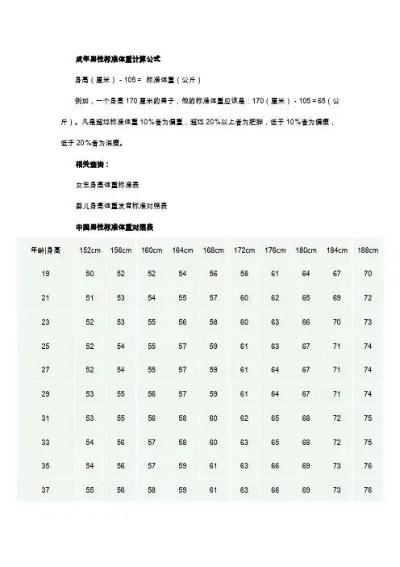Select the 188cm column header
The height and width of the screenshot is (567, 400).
(367, 250)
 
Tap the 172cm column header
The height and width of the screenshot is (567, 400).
(244, 250)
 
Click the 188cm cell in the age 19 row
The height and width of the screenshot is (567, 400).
(367, 274)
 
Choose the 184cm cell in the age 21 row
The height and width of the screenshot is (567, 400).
(336, 298)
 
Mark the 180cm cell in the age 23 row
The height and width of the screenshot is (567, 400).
(306, 322)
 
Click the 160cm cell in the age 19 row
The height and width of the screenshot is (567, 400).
(152, 274)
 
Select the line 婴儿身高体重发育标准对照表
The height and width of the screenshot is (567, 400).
(122, 202)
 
